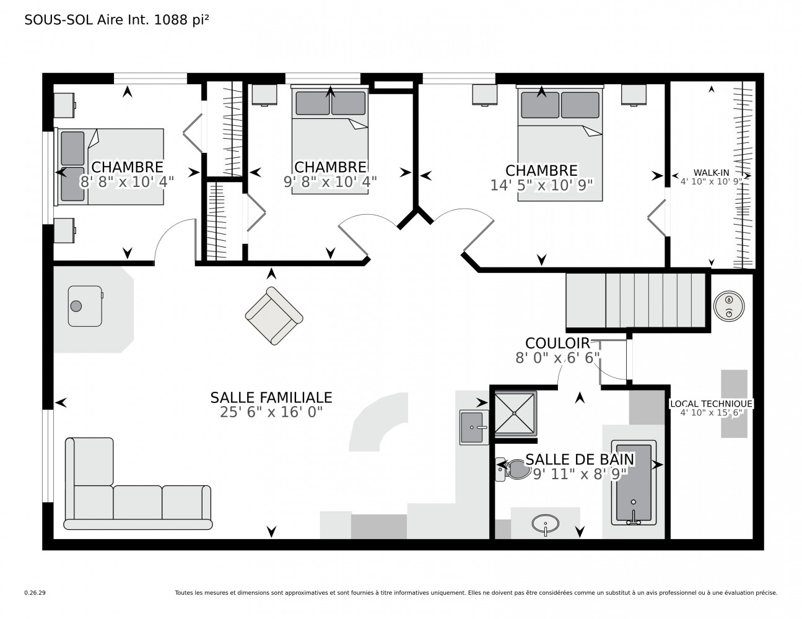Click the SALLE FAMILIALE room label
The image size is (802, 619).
[x=271, y=397]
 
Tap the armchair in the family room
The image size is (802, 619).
[x=274, y=316]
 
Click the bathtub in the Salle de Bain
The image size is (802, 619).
[x=634, y=482]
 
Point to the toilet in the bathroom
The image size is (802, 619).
[x=512, y=469]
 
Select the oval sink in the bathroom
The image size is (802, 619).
[x=546, y=523]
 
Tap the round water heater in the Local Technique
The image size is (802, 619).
[x=729, y=306]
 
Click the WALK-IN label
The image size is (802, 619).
[x=711, y=172]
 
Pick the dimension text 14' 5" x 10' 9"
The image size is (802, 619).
[x=541, y=185]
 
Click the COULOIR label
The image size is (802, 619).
[x=557, y=343]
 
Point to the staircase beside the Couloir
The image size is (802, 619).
[x=636, y=300]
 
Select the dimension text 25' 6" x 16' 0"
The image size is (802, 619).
[x=271, y=412]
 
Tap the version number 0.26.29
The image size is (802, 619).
[x=35, y=593]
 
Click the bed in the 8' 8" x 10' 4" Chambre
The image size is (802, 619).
[x=110, y=167]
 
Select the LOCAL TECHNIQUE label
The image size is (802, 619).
[x=711, y=404]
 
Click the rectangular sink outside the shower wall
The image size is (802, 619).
[x=474, y=427]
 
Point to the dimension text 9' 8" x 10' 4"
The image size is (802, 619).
[x=330, y=182]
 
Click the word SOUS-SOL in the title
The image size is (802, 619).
[x=59, y=20]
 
